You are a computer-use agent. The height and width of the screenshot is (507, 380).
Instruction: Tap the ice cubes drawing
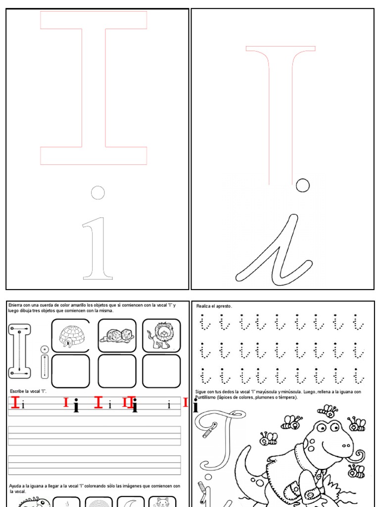(116, 336)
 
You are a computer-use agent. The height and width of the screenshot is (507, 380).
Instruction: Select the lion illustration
(161, 336)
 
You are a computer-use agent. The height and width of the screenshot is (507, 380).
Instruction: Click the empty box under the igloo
(71, 371)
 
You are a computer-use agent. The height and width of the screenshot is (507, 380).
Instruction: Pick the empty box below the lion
(161, 371)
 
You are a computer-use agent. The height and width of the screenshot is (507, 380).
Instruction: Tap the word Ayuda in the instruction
(16, 486)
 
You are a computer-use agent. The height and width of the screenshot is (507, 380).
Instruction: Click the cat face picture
(162, 502)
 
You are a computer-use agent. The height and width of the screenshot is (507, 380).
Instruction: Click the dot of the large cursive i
(302, 185)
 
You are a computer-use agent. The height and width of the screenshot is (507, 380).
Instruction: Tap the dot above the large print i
(98, 192)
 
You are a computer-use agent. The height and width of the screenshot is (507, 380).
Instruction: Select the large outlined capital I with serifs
(94, 88)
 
